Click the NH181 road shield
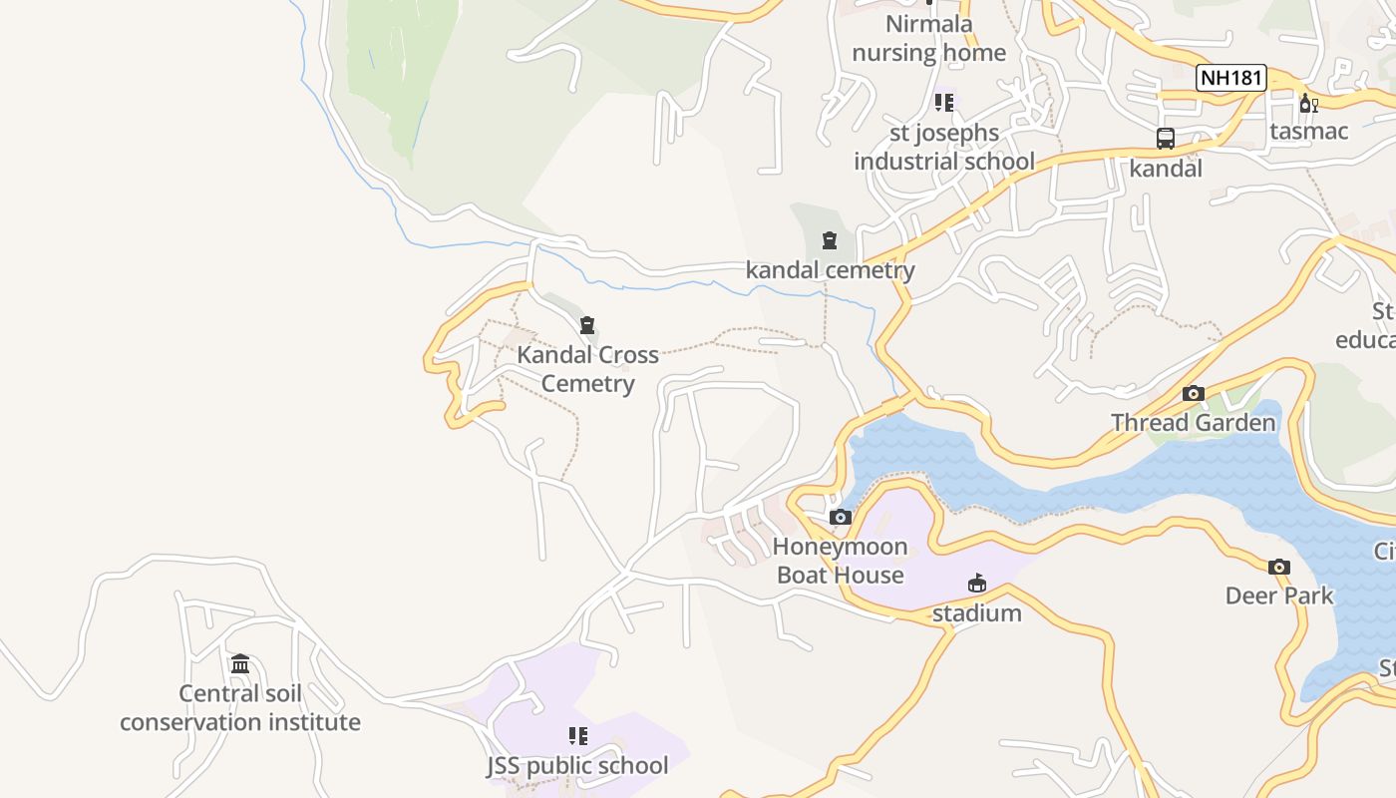[x=1231, y=78]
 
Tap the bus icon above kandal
[x=1165, y=139]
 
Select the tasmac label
[x=1308, y=131]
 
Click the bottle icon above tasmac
[x=1308, y=103]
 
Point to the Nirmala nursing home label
[x=929, y=38]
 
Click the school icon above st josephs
[x=943, y=102]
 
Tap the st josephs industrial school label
[x=943, y=147]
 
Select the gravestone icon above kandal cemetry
[x=829, y=240]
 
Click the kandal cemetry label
[x=830, y=269]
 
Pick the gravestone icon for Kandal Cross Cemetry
[x=587, y=325]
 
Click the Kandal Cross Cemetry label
[x=587, y=369]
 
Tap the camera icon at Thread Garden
[x=1194, y=393]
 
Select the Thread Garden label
[x=1194, y=423]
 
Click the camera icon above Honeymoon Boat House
[x=841, y=517]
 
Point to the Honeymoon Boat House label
[x=841, y=561]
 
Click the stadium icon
[x=977, y=584]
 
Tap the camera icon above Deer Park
[x=1279, y=567]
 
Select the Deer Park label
[x=1279, y=596]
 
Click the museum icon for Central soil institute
[x=240, y=664]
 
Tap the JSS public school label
[x=577, y=766]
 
